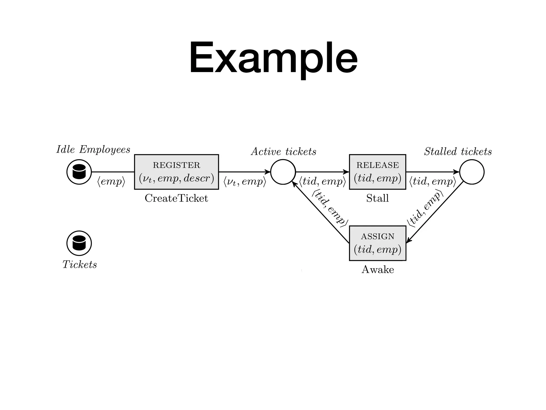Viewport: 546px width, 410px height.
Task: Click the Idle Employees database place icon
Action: [79, 172]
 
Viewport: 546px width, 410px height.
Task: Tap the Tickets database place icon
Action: [79, 243]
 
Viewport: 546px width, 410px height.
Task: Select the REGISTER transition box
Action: [176, 172]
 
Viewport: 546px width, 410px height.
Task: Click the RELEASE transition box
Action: [378, 172]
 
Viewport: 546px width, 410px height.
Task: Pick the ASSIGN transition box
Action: [378, 243]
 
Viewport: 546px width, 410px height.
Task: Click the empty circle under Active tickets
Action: [283, 172]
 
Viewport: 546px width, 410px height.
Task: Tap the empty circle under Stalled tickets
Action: [472, 172]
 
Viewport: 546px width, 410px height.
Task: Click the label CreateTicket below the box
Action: [176, 198]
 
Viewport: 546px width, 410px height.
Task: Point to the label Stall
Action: [378, 198]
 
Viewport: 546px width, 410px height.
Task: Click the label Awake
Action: [378, 270]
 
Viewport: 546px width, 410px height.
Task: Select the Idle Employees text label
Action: [93, 150]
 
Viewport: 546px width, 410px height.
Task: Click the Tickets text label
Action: [79, 265]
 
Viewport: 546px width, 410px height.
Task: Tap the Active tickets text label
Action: [284, 152]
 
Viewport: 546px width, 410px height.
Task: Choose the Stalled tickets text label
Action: [458, 152]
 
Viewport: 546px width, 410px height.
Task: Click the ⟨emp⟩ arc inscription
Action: [111, 182]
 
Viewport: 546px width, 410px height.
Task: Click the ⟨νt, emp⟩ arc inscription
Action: [245, 182]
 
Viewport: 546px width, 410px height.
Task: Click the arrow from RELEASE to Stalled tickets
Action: [432, 172]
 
